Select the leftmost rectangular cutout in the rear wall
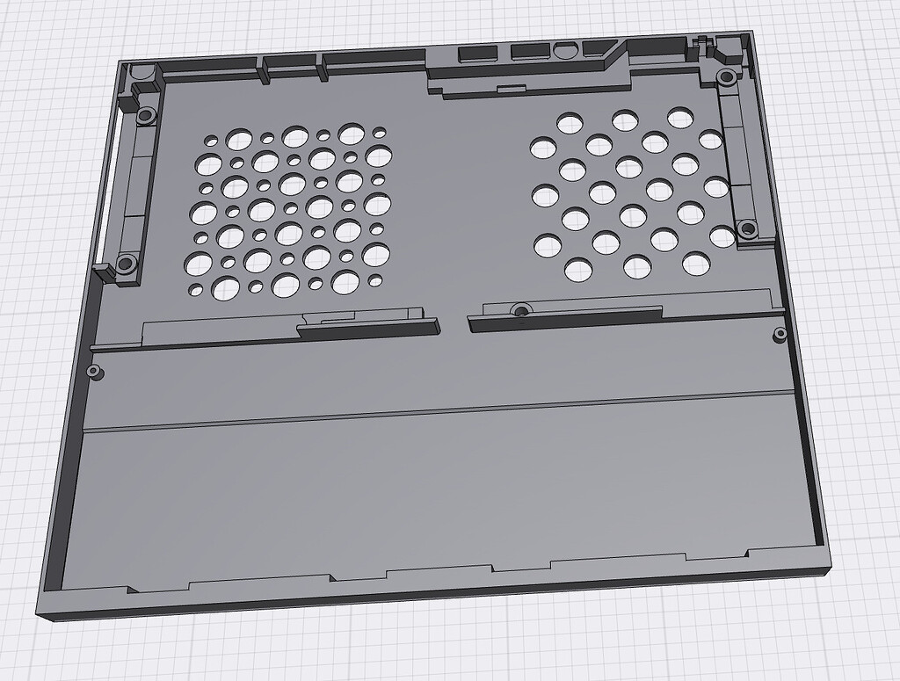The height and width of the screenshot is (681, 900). click(x=476, y=54)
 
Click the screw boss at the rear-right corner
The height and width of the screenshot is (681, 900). click(x=727, y=77)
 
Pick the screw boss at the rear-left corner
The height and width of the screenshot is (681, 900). click(x=146, y=115)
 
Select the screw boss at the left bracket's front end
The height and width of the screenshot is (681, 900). click(x=126, y=262)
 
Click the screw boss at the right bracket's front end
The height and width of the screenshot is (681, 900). click(x=747, y=228)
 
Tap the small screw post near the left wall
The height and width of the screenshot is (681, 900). click(x=94, y=372)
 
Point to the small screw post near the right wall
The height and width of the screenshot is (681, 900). click(x=779, y=333)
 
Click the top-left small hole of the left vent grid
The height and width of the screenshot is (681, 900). click(x=211, y=140)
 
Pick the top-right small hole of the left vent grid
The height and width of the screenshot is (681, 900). click(x=380, y=133)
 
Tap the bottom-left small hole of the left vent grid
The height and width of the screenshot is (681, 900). click(x=195, y=290)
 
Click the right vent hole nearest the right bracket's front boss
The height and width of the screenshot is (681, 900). click(x=722, y=236)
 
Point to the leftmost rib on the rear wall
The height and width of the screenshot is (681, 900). click(x=263, y=70)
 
